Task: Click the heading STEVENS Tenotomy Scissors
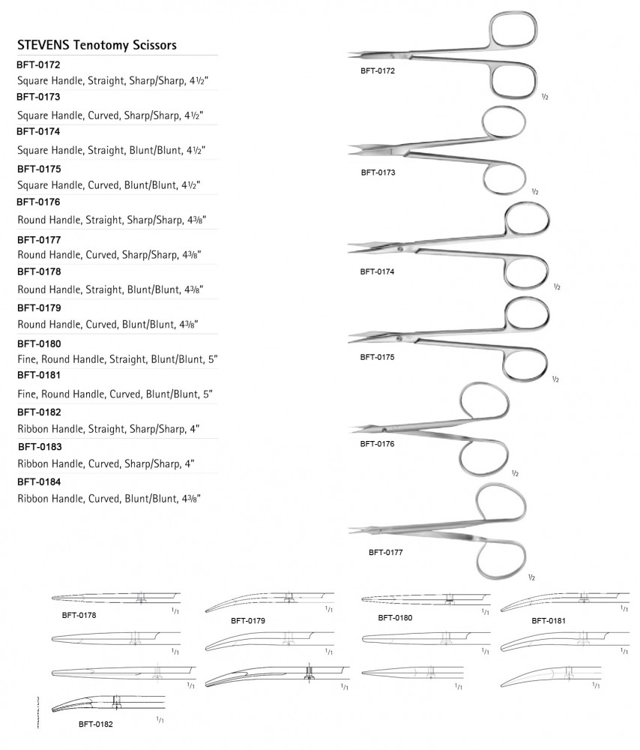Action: point(97,45)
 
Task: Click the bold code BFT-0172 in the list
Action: point(39,65)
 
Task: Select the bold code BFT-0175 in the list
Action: point(39,167)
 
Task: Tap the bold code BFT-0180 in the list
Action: point(39,343)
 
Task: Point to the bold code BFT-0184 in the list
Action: point(39,481)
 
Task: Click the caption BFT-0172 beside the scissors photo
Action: point(378,71)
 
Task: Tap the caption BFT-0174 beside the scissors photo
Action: point(377,271)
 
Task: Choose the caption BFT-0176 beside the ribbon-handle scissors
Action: point(377,444)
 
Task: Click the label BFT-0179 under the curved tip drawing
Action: point(249,621)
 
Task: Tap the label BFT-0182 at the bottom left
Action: point(95,725)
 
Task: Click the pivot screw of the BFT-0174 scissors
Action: point(400,248)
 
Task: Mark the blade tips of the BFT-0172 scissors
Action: point(352,55)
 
